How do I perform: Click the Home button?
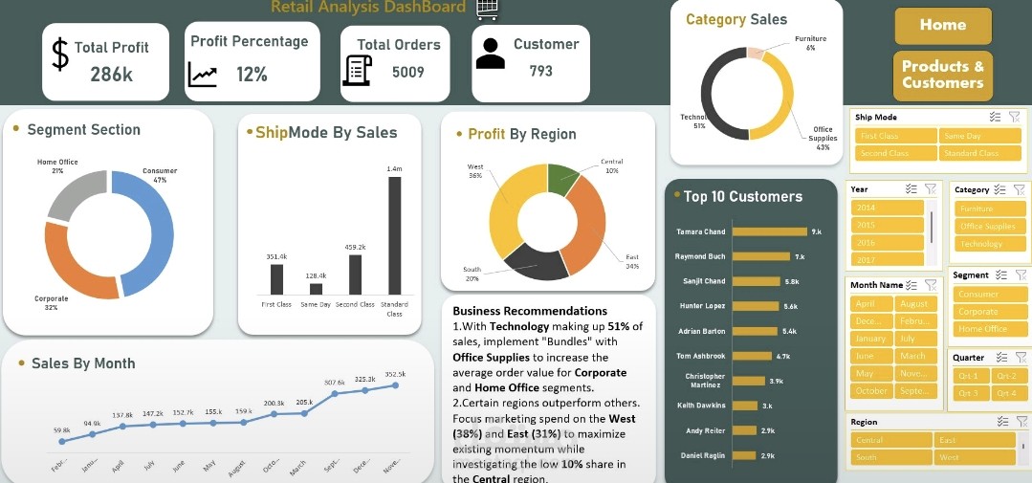[942, 26]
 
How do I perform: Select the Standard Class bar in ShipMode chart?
[394, 235]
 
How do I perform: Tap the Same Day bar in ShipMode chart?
[316, 288]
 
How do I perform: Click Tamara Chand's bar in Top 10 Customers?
[770, 231]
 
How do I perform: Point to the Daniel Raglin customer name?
[703, 455]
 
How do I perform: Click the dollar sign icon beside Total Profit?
[60, 55]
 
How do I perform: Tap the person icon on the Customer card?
[490, 54]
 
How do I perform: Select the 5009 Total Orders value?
[407, 73]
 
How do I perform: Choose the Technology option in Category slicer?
[981, 244]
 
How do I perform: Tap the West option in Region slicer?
[973, 457]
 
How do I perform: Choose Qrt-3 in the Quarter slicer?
[969, 393]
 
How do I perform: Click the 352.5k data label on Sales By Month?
[395, 375]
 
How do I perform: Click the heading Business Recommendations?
[529, 311]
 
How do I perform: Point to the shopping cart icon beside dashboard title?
[487, 8]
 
